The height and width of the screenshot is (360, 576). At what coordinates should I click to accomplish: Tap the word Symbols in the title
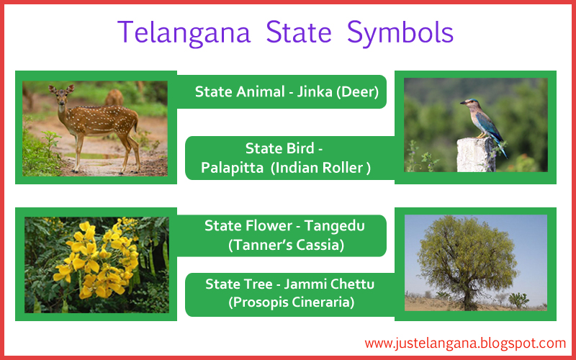click(401, 33)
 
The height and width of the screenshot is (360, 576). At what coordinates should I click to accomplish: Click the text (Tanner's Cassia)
click(286, 245)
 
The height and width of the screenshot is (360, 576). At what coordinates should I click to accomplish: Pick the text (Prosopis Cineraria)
click(292, 302)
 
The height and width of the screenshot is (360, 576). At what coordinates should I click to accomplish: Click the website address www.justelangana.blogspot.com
click(465, 343)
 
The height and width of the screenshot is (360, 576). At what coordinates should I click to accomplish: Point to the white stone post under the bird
click(476, 154)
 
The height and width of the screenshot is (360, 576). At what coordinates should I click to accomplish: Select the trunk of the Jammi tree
click(469, 292)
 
